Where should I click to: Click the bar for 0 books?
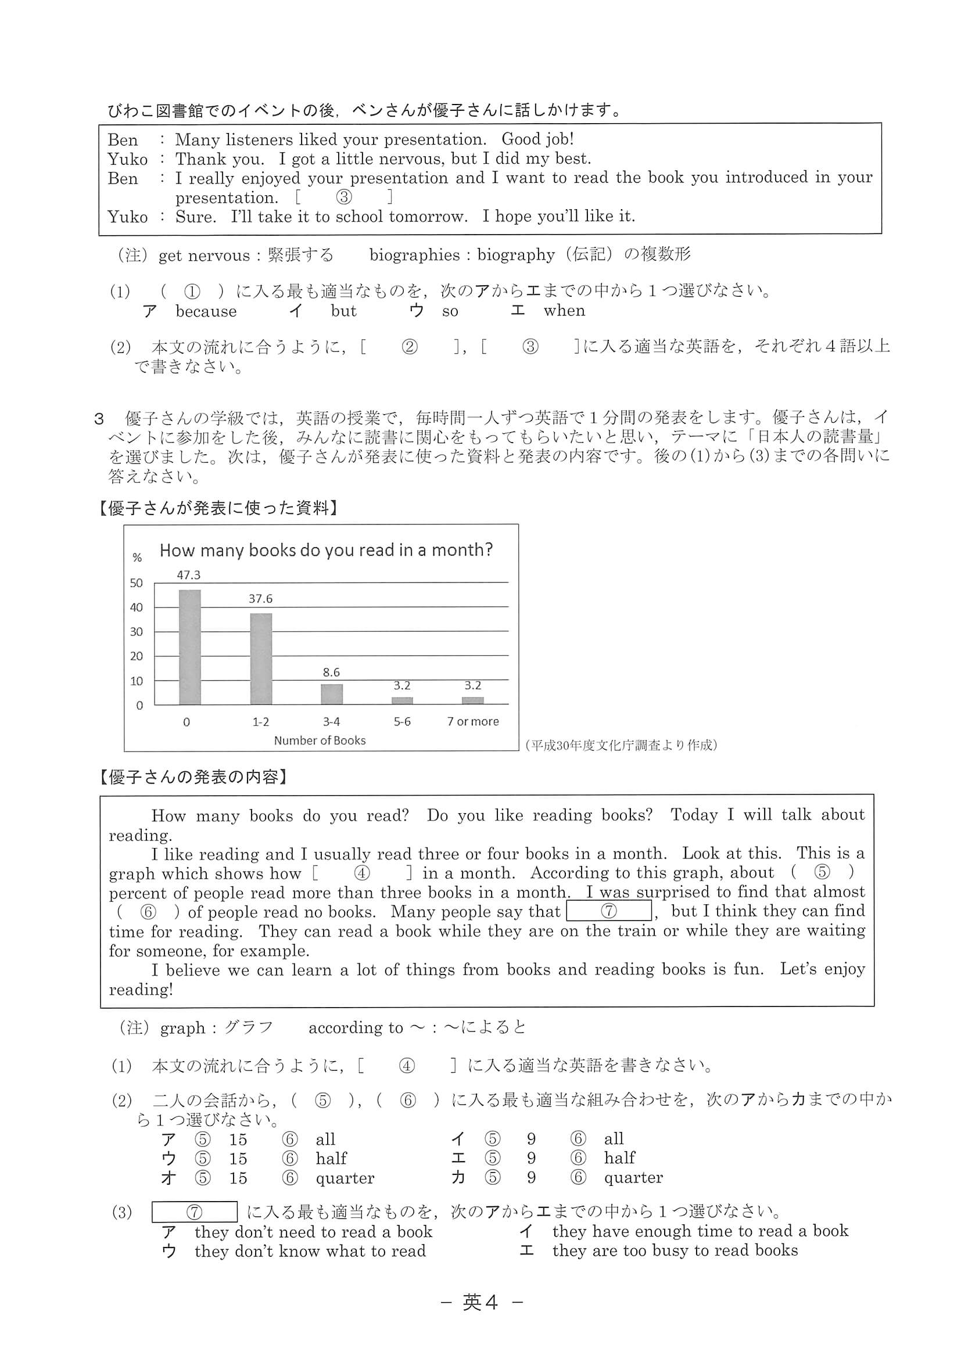[x=189, y=647]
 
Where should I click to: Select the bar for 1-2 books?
[x=260, y=659]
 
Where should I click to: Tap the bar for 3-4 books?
[x=332, y=694]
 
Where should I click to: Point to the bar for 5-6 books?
[x=402, y=701]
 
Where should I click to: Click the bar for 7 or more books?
[x=472, y=701]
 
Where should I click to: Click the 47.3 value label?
[x=189, y=575]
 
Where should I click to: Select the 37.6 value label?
[x=260, y=599]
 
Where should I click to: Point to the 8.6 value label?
[x=332, y=673]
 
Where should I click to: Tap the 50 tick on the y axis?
[x=137, y=583]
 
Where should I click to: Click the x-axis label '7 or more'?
[x=472, y=721]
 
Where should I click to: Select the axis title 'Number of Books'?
[x=320, y=740]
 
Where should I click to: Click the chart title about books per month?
[x=326, y=551]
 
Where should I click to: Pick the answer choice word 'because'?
[x=206, y=311]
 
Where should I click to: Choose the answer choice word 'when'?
[x=564, y=311]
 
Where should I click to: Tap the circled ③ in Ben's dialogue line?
[x=344, y=197]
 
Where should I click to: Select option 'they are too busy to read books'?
[x=675, y=1250]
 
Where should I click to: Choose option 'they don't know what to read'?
[x=310, y=1252]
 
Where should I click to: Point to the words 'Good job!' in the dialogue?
[x=537, y=139]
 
